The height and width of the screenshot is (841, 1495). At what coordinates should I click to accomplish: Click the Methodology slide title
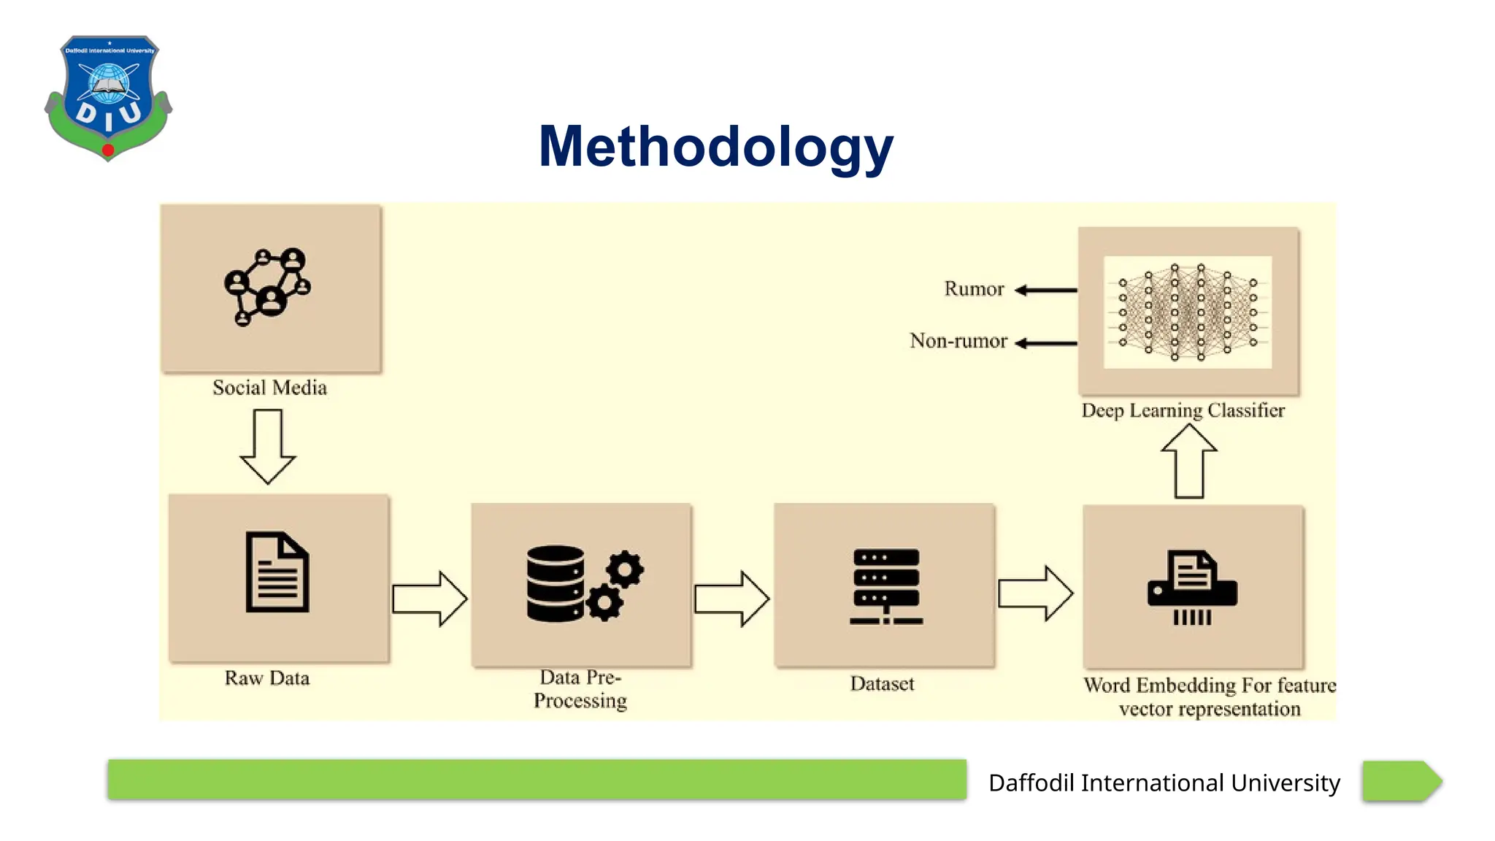coord(715,147)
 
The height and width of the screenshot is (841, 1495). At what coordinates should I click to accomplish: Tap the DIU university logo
coord(109,97)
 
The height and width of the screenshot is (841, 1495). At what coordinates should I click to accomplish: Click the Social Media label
coord(269,388)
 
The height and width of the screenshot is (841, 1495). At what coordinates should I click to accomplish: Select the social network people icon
coord(268,287)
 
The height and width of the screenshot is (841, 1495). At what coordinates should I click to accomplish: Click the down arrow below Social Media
coord(268,446)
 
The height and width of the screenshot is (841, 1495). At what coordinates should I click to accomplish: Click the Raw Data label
coord(267,678)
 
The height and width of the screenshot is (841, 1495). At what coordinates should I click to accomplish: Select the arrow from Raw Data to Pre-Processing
coord(429,599)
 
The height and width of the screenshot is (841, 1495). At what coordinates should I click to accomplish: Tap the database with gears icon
coord(584,584)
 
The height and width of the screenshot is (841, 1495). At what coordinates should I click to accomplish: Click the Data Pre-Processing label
coord(580,688)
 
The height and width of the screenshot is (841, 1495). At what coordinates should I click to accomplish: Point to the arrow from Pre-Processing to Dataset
coord(731,599)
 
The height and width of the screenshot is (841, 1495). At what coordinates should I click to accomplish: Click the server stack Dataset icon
coord(885,586)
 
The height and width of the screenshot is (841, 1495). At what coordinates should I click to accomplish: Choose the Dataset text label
coord(882,684)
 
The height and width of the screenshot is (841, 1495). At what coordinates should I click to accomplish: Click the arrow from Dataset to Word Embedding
coord(1035,594)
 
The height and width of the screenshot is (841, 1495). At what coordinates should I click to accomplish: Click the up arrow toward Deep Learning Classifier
coord(1189,461)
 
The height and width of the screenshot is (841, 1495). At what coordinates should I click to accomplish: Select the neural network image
coord(1188,312)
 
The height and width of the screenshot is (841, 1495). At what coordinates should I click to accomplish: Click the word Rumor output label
coord(974,289)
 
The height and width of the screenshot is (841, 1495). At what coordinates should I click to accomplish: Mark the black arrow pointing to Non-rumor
coord(1046,343)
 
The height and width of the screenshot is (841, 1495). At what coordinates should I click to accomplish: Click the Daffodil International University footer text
coord(1164,783)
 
